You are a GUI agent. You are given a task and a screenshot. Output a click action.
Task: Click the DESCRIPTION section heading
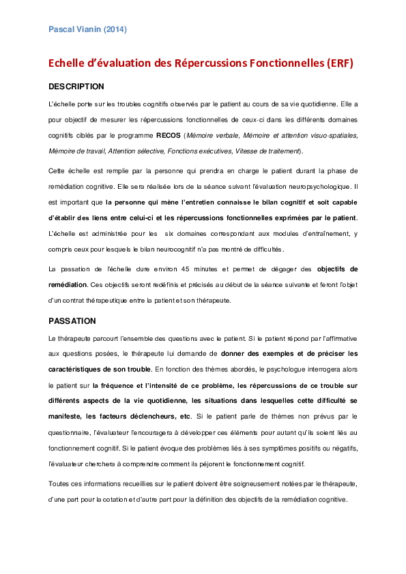76,87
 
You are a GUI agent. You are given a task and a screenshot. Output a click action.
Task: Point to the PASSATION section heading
72,320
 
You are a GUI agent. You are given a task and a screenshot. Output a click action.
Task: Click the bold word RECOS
169,136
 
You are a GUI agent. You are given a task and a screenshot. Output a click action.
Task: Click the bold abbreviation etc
183,416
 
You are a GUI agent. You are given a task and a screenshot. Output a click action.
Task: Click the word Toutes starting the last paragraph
60,483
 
